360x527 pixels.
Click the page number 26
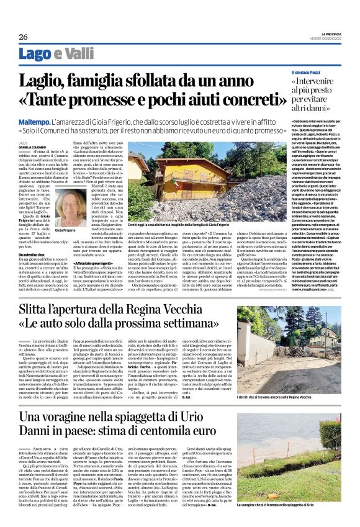(22, 37)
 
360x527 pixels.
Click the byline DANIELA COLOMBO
(32, 146)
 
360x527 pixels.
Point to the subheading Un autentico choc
(35, 254)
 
